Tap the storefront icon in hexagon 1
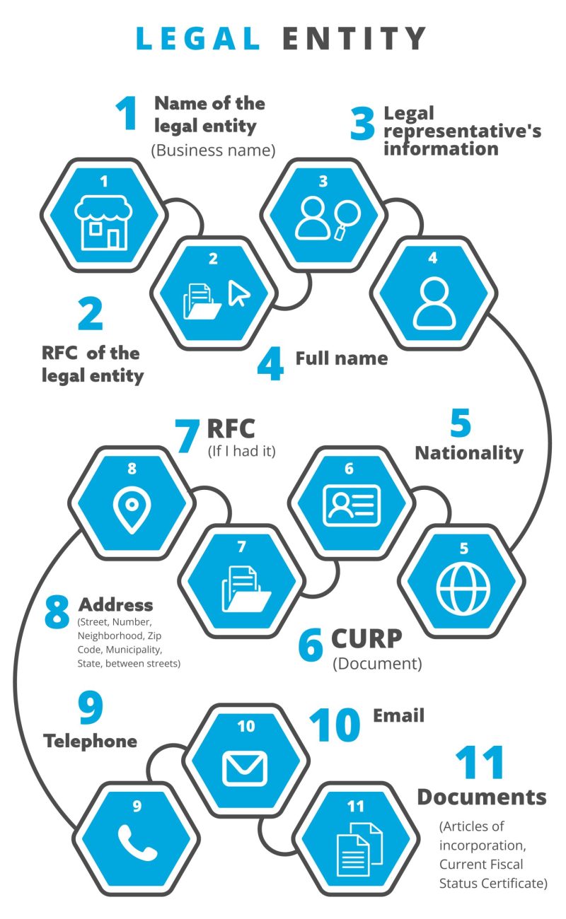[x=105, y=222]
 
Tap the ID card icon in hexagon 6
[x=352, y=505]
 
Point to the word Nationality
[x=469, y=452]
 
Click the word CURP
[x=366, y=638]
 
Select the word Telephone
[x=90, y=741]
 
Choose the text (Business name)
[x=212, y=150]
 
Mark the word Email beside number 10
[x=398, y=715]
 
